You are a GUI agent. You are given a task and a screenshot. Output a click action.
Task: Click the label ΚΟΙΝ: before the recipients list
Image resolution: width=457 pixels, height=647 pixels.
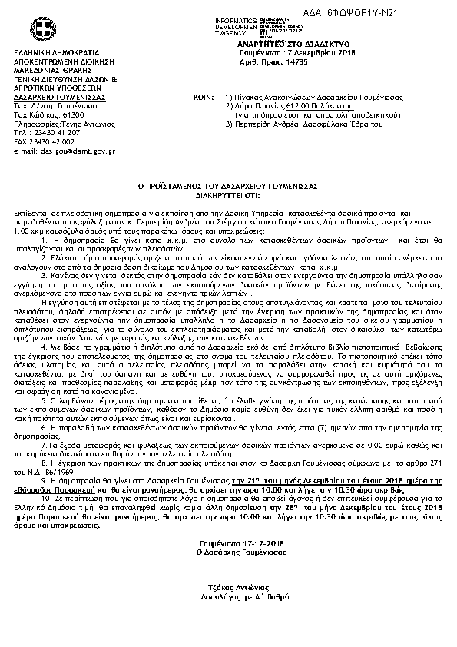coord(203,99)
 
